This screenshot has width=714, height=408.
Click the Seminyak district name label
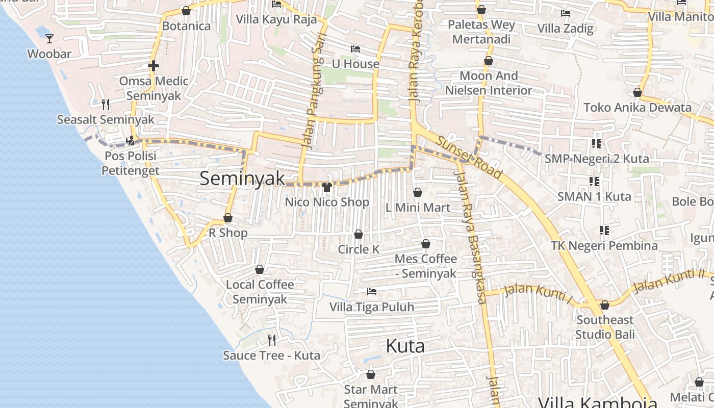[242, 178]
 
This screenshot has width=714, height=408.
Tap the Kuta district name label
[405, 346]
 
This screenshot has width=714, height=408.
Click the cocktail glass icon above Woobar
[49, 38]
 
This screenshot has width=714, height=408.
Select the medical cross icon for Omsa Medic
[153, 66]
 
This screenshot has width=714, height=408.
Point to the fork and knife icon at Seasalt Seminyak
[106, 105]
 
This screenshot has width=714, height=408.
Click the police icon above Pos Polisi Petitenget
[131, 140]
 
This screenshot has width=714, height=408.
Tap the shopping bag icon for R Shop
[228, 218]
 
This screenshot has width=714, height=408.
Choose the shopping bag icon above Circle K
[359, 235]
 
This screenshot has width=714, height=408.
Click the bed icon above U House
[355, 49]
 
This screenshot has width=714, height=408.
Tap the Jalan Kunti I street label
[538, 293]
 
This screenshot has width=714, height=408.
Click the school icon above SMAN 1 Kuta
[594, 182]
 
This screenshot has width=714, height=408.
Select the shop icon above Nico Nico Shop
[327, 187]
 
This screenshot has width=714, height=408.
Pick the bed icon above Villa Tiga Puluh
[372, 292]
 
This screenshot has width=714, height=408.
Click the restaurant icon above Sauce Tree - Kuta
[272, 340]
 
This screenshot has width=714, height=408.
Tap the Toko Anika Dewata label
[637, 108]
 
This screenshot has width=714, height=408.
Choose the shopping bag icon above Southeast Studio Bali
[605, 305]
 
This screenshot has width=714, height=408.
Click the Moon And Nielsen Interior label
[489, 83]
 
